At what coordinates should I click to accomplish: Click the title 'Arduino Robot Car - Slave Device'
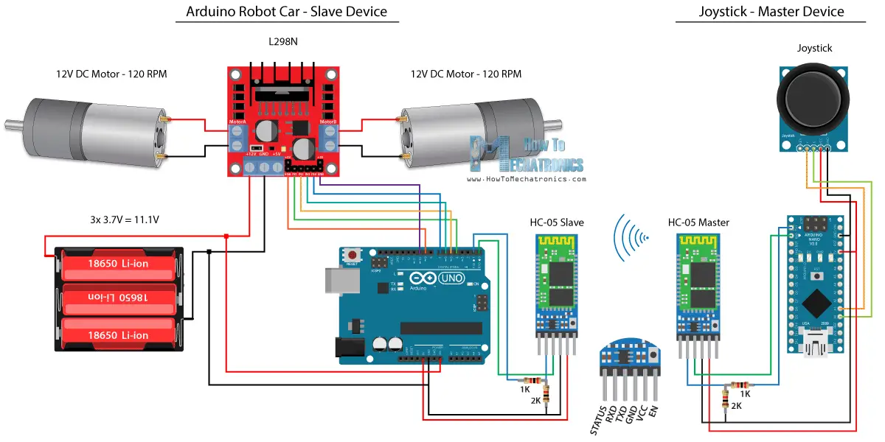(x=286, y=11)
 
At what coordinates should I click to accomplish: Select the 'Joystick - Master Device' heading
(x=771, y=11)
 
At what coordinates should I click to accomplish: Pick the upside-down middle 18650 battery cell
(x=118, y=297)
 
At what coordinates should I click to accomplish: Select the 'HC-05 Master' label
(x=698, y=222)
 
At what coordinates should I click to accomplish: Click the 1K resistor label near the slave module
(x=524, y=388)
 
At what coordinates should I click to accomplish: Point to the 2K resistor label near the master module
(x=736, y=406)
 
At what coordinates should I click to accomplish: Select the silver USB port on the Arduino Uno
(x=336, y=283)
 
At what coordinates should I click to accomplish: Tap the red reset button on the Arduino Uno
(x=353, y=256)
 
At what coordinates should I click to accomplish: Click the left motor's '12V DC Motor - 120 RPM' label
(x=111, y=74)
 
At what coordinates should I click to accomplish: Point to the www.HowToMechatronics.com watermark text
(x=527, y=179)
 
